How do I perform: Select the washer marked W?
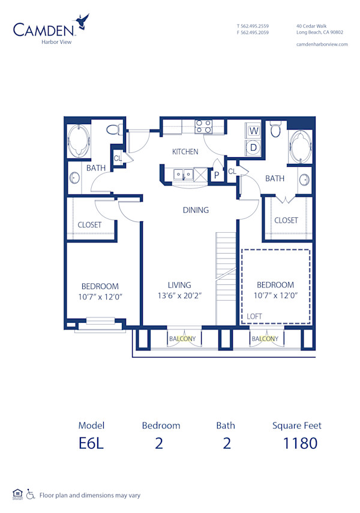pyautogui.click(x=254, y=130)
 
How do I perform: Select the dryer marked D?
pyautogui.click(x=254, y=146)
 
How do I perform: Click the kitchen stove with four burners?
pyautogui.click(x=203, y=127)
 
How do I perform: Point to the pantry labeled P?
pyautogui.click(x=216, y=175)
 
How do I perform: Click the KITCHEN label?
pyautogui.click(x=185, y=152)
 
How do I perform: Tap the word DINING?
pyautogui.click(x=196, y=210)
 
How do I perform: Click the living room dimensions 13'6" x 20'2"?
pyautogui.click(x=179, y=295)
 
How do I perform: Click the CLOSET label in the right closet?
pyautogui.click(x=286, y=220)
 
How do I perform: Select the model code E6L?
pyautogui.click(x=91, y=443)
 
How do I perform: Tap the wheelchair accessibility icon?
pyautogui.click(x=30, y=495)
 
